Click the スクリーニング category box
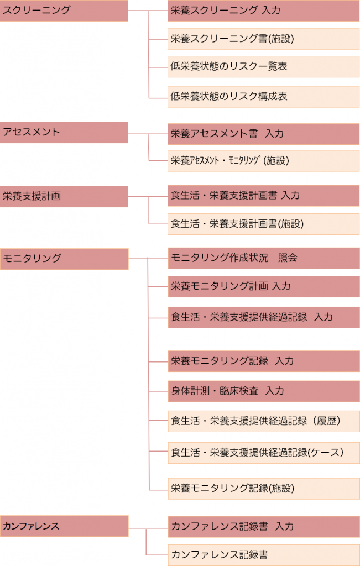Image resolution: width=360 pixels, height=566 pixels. [x=64, y=11]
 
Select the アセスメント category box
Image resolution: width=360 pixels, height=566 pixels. [x=64, y=132]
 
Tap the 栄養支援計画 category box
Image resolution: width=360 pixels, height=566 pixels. [x=64, y=196]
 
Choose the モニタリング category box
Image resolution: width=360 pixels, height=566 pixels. [x=64, y=258]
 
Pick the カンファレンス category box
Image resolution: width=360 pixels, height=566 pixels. [x=64, y=526]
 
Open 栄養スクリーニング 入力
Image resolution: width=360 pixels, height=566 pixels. [x=263, y=11]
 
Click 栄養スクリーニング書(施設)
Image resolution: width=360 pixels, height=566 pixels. [x=263, y=39]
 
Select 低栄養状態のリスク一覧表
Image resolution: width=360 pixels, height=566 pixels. [x=263, y=66]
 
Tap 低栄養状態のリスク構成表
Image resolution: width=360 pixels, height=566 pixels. [x=263, y=96]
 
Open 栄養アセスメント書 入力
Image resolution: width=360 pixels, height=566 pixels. [x=263, y=134]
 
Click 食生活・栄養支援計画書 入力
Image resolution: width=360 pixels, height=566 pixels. [x=263, y=196]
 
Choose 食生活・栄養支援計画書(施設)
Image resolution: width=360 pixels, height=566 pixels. [x=263, y=224]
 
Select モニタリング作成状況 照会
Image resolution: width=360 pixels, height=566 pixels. [x=263, y=258]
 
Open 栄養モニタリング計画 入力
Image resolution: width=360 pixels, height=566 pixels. [x=263, y=286]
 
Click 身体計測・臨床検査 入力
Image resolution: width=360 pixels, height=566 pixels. [x=263, y=391]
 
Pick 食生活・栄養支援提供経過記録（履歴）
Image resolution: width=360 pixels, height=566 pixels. [x=263, y=421]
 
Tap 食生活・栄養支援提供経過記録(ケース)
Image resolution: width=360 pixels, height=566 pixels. [x=263, y=453]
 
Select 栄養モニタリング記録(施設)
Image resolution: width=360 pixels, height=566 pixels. [x=263, y=488]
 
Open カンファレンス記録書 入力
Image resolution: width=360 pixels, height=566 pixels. [x=263, y=526]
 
